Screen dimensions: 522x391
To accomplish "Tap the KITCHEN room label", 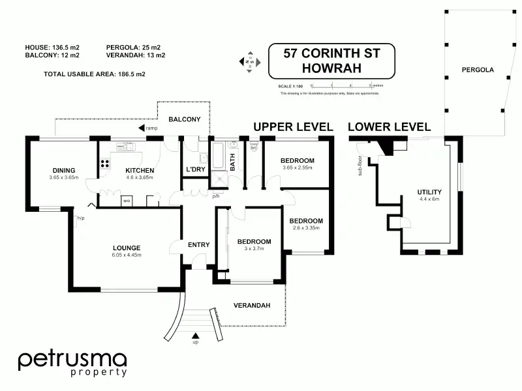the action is (x=139, y=171).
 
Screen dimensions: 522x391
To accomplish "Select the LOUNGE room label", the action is (x=127, y=247).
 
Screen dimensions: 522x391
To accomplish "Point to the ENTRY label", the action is (x=198, y=245).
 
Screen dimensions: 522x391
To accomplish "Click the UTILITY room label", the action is (x=429, y=192).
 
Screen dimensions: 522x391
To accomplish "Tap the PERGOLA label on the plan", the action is (x=477, y=70).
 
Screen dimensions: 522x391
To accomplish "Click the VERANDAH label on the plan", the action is (x=253, y=305).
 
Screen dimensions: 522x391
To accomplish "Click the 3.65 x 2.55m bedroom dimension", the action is (x=297, y=168).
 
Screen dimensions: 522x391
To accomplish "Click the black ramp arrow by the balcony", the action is (x=142, y=128).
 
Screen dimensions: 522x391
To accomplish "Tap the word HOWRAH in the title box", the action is (x=333, y=68).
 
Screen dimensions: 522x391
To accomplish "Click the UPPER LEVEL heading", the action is (x=294, y=126).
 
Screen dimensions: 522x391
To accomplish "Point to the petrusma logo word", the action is (x=72, y=359).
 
